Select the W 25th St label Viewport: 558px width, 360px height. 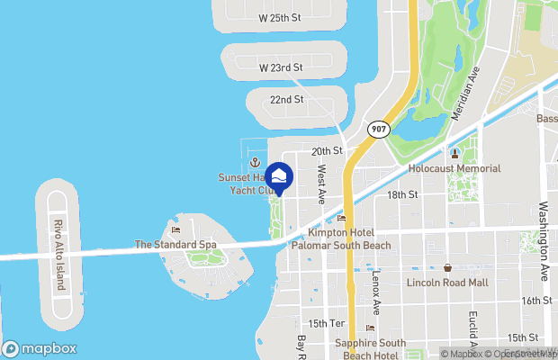(281, 17)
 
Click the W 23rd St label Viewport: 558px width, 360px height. (281, 67)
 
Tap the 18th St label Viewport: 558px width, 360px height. (402, 194)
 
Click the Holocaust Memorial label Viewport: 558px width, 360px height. (454, 168)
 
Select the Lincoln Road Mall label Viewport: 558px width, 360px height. (447, 283)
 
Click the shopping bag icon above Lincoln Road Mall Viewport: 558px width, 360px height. (447, 268)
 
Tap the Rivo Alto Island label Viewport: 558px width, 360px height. (59, 254)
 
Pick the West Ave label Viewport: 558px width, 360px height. (321, 184)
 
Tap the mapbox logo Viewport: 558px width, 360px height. (40, 348)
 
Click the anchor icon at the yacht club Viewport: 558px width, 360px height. (256, 163)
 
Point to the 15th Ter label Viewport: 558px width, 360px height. (327, 323)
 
